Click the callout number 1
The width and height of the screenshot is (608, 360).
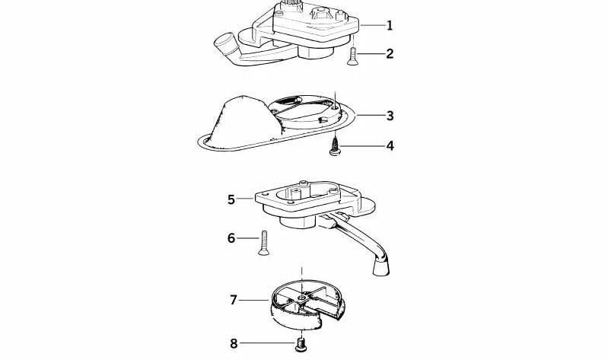[x=390, y=25]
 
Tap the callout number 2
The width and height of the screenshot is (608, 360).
[x=390, y=53]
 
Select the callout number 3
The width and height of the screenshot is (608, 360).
[x=390, y=116]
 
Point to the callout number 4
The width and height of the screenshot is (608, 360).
[x=390, y=144]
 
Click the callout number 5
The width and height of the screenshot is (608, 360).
[x=231, y=199]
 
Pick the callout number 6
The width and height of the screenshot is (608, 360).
[x=231, y=238]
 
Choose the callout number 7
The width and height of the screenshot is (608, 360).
[x=234, y=300]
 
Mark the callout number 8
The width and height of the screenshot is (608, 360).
[x=234, y=342]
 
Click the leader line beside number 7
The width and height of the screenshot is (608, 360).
[x=255, y=300]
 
